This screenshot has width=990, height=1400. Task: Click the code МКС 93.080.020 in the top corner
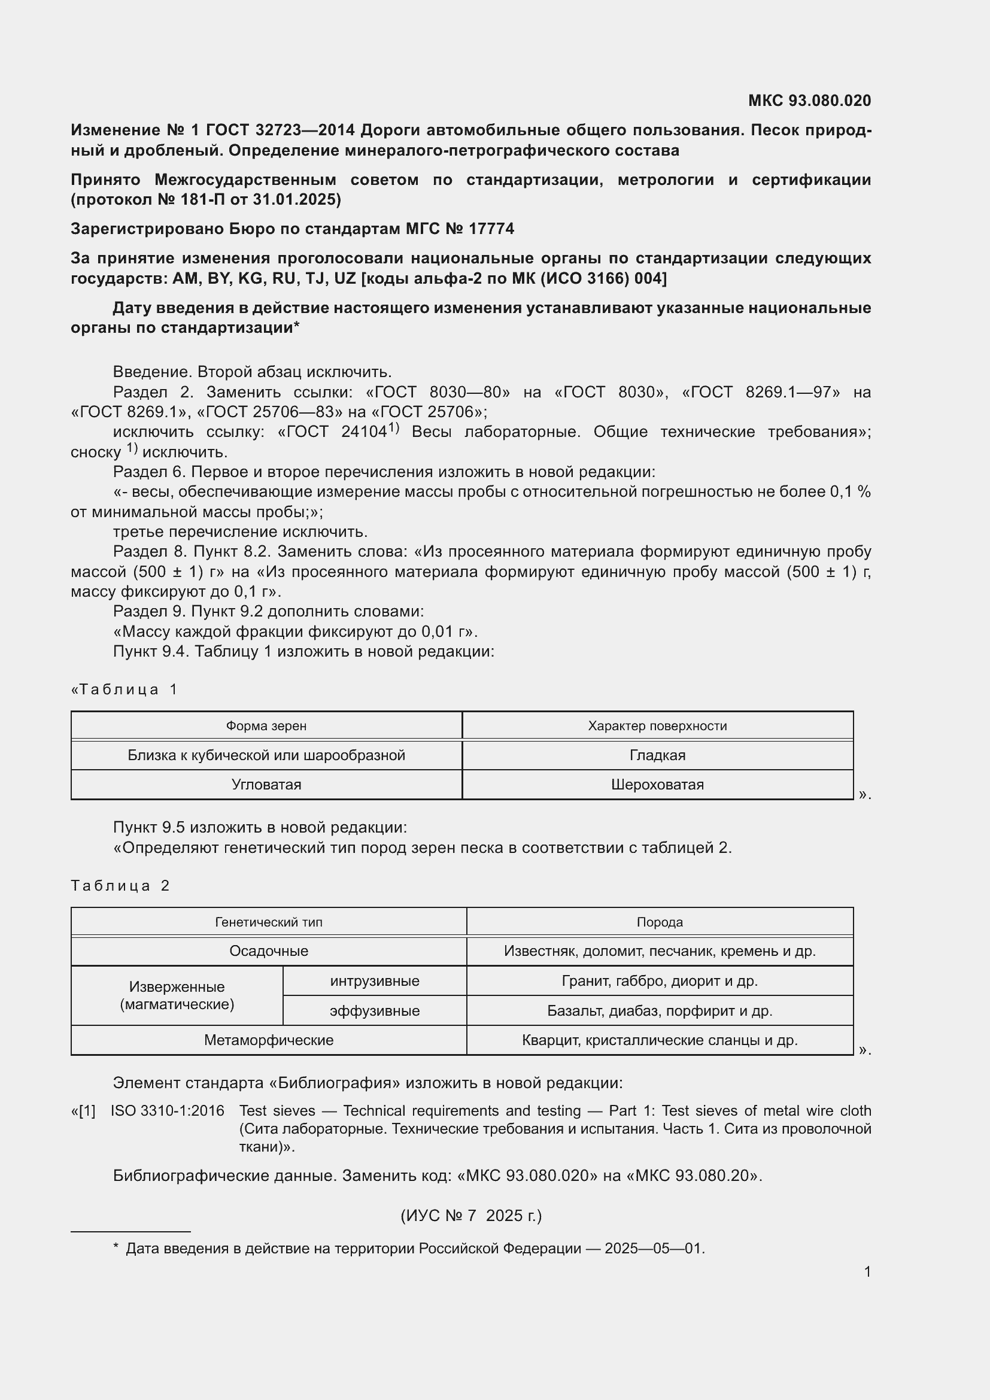pos(809,101)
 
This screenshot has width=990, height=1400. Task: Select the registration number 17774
pos(491,229)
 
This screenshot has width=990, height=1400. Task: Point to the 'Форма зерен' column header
pos(266,725)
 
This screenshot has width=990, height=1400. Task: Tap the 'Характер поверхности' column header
pos(657,725)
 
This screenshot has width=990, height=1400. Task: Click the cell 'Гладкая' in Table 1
pos(657,755)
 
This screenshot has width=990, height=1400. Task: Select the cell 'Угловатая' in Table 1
pos(266,784)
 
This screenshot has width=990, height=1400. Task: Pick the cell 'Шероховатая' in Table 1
pos(657,784)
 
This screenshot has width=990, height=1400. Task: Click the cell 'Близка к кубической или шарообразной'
pos(266,755)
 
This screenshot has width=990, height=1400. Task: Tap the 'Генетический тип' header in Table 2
pos(268,922)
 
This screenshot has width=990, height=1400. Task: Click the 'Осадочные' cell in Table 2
pos(268,950)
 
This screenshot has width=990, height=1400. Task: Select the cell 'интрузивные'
pos(374,980)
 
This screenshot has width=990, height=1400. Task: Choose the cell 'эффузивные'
pos(374,1010)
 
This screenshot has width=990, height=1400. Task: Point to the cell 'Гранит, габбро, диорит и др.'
pos(660,980)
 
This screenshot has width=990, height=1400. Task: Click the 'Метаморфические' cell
pos(268,1040)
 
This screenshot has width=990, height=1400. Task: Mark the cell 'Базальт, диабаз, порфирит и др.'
pos(660,1010)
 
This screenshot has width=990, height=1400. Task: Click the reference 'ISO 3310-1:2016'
pos(167,1110)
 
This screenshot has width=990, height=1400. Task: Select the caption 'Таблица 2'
pos(120,885)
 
